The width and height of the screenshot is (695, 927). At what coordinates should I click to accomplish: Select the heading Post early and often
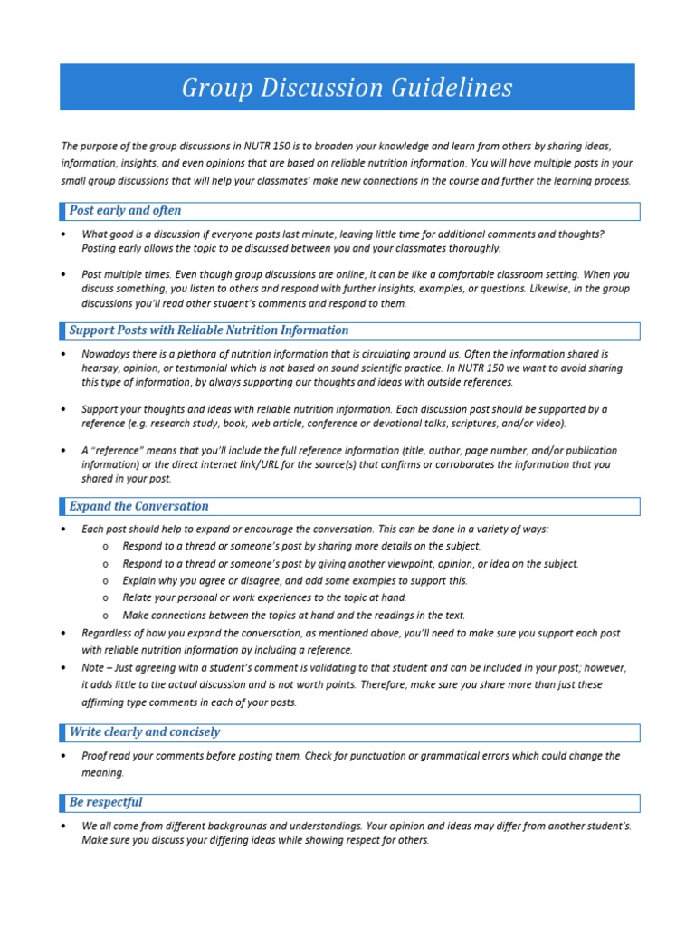(x=125, y=211)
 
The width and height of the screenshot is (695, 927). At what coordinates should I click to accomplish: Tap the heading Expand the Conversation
(x=138, y=507)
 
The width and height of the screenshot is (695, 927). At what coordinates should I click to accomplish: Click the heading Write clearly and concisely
(x=144, y=732)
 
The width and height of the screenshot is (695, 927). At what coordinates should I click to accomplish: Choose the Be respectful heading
(x=106, y=803)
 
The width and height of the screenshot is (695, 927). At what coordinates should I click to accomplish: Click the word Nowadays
(x=109, y=354)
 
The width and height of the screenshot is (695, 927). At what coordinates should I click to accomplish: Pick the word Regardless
(x=109, y=634)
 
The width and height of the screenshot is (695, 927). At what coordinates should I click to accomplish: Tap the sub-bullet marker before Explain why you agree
(x=106, y=581)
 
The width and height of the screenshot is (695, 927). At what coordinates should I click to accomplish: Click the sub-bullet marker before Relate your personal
(x=106, y=598)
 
